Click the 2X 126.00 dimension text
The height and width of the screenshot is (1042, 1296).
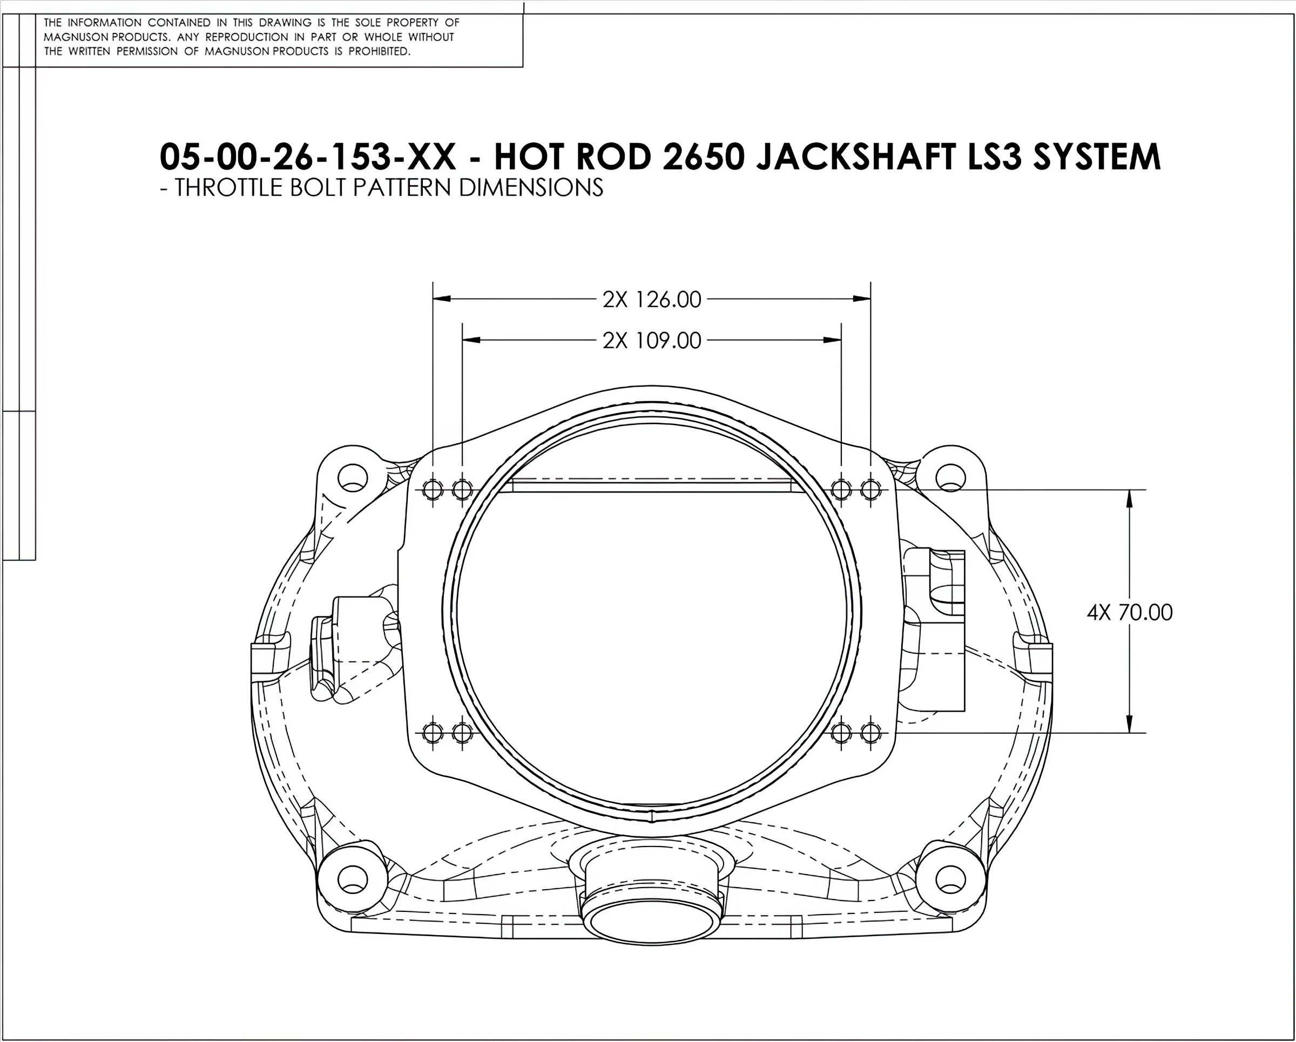(x=652, y=299)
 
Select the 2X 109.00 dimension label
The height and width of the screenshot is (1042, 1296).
(x=652, y=341)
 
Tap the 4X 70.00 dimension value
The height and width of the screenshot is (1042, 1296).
(x=1130, y=612)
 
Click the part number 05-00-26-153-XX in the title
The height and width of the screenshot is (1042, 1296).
(x=308, y=157)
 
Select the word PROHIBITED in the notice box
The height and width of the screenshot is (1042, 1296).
(x=379, y=52)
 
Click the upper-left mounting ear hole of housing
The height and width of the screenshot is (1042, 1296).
(x=352, y=478)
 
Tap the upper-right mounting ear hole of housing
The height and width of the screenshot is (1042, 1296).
(x=950, y=478)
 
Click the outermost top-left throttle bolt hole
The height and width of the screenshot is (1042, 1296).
(x=433, y=490)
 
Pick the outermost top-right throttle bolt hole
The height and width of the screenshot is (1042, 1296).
(x=870, y=490)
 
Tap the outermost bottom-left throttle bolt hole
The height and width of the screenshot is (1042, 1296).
(x=433, y=733)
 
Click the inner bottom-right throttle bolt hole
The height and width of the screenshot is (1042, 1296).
(x=841, y=733)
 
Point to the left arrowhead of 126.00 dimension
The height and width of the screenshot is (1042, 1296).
(x=441, y=299)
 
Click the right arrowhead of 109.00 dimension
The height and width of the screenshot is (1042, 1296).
(x=833, y=340)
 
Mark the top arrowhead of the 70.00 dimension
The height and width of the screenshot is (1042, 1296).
(x=1130, y=498)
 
